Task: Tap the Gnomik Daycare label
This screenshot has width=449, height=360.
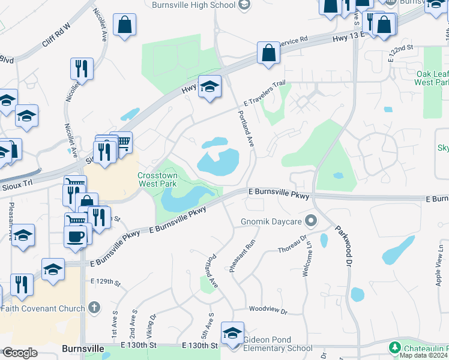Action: [x=274, y=222]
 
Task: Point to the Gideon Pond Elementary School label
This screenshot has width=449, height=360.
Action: [x=277, y=343]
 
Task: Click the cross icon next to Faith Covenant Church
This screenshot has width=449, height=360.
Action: [x=93, y=308]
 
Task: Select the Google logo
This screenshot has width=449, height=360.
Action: [x=19, y=353]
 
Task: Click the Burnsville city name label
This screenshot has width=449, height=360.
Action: [x=83, y=348]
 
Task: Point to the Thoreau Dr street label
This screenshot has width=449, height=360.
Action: [x=292, y=249]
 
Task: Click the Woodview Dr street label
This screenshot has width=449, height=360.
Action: [x=268, y=310]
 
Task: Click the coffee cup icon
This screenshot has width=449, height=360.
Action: [x=75, y=236]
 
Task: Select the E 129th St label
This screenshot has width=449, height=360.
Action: [x=106, y=281]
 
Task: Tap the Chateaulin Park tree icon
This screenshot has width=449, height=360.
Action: [x=395, y=347]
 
